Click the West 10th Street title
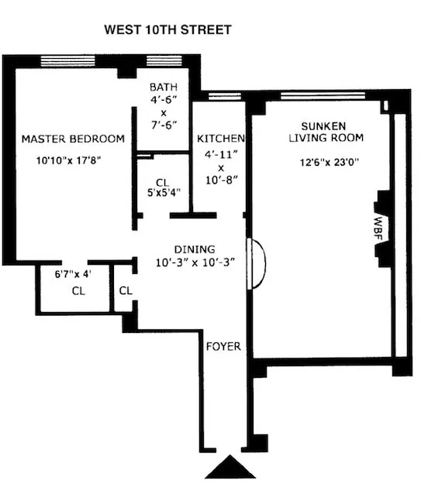(x=167, y=30)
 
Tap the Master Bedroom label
(x=73, y=139)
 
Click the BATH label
(x=164, y=87)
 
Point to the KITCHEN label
(x=220, y=139)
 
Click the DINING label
(x=190, y=249)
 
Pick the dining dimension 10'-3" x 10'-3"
(x=193, y=262)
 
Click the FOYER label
(x=223, y=346)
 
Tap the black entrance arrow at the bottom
(x=229, y=467)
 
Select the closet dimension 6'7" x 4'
(x=73, y=274)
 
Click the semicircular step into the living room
(x=256, y=263)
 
